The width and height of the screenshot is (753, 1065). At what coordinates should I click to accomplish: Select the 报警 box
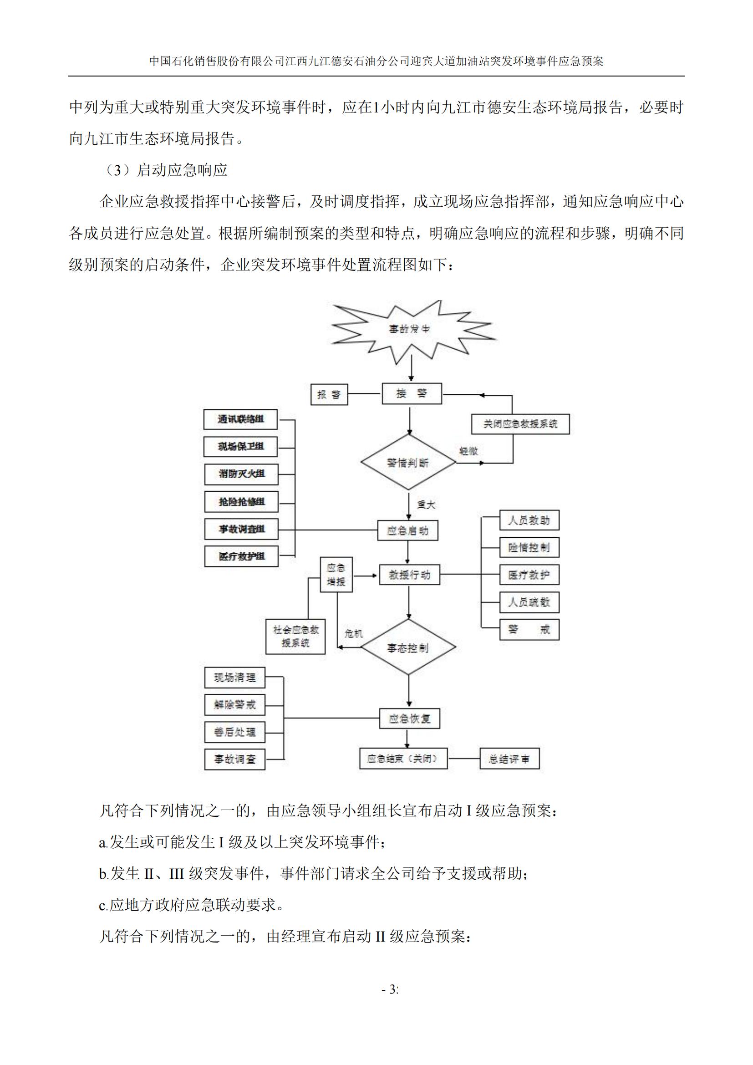pyautogui.click(x=329, y=394)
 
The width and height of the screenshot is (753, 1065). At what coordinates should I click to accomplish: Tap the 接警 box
pyautogui.click(x=411, y=394)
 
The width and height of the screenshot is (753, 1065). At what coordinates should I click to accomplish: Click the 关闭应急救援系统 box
pyautogui.click(x=520, y=424)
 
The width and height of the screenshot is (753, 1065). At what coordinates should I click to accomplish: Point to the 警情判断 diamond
pyautogui.click(x=408, y=463)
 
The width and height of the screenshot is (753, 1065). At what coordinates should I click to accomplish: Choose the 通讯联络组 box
pyautogui.click(x=241, y=419)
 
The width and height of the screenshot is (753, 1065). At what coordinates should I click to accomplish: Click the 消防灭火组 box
pyautogui.click(x=241, y=474)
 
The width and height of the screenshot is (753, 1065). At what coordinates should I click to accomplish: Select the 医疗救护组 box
pyautogui.click(x=241, y=556)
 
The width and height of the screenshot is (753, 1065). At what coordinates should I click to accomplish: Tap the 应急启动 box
pyautogui.click(x=407, y=530)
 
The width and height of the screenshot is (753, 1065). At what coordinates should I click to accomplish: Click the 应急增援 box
pyautogui.click(x=336, y=574)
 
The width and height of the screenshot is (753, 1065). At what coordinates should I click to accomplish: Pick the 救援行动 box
pyautogui.click(x=409, y=575)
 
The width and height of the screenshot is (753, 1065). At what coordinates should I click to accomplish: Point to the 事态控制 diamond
pyautogui.click(x=408, y=647)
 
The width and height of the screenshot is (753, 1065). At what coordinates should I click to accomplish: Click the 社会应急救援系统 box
pyautogui.click(x=295, y=637)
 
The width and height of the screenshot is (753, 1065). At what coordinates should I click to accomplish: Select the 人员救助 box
pyautogui.click(x=529, y=520)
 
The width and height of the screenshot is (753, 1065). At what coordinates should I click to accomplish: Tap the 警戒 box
pyautogui.click(x=529, y=629)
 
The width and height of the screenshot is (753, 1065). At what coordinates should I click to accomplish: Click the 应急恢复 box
pyautogui.click(x=409, y=718)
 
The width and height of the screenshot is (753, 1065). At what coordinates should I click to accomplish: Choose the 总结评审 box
pyautogui.click(x=509, y=759)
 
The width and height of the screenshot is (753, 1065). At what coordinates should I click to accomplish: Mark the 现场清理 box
pyautogui.click(x=234, y=678)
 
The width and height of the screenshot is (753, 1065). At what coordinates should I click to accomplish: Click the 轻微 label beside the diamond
pyautogui.click(x=468, y=451)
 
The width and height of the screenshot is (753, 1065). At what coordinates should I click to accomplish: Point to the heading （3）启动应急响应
pyautogui.click(x=164, y=170)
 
